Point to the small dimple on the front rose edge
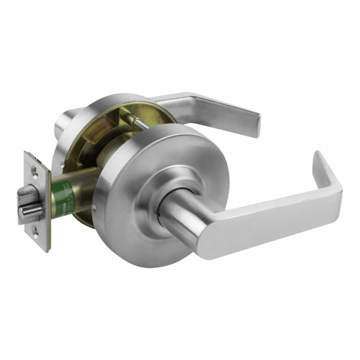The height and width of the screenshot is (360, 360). (x=94, y=208)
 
